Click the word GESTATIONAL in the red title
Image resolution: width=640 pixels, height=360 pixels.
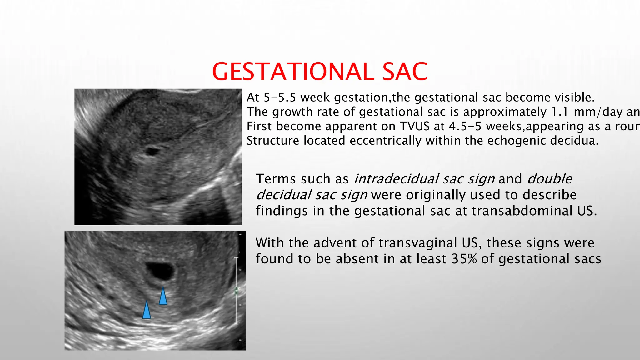point(293,72)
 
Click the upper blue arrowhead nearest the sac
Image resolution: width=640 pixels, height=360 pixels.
point(163,297)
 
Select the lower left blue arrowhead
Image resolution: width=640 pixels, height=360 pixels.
point(147,311)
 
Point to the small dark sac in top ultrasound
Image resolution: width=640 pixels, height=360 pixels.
point(152,152)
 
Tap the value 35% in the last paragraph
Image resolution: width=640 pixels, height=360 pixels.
point(464,259)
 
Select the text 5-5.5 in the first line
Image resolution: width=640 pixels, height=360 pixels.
point(280,97)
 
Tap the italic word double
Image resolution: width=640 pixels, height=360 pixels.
point(549,179)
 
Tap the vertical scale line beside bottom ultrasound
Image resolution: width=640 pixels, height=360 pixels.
point(236,291)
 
